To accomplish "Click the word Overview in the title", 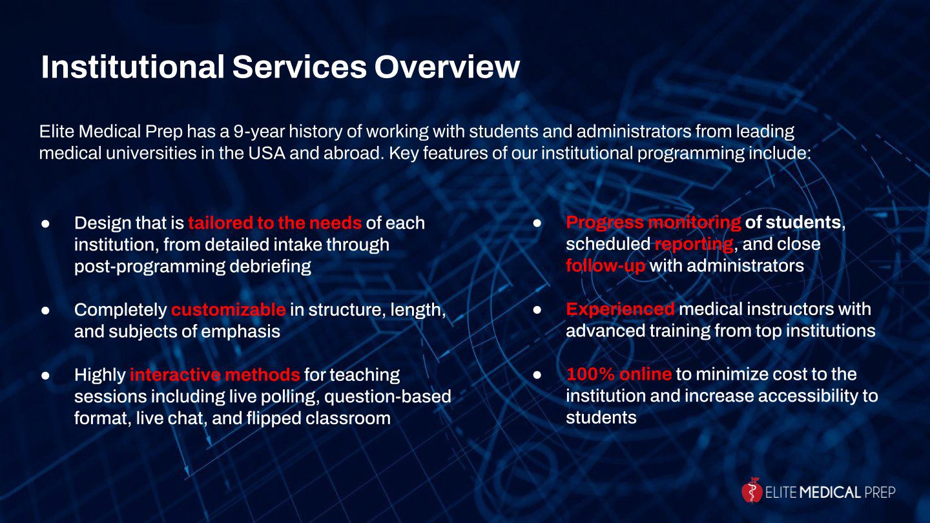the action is point(447,67).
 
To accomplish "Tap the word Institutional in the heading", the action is point(133,67).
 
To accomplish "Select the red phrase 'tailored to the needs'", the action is point(275,223).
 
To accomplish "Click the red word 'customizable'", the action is point(229,310).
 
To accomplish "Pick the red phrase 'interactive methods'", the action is point(215,375).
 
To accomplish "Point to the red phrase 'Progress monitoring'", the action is point(654,223).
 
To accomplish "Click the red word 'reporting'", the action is point(694,245).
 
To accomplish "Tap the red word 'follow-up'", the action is point(606,265).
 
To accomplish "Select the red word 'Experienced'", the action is point(620,309).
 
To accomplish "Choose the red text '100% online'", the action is point(619,374).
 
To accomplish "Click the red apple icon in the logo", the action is point(752,490).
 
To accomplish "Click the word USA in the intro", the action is point(267,154).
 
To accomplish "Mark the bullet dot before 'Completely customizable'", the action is point(46,310).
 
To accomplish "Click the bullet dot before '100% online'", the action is point(537,374).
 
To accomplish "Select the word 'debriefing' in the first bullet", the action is point(270,267).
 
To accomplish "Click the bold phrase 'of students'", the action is point(793,223).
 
